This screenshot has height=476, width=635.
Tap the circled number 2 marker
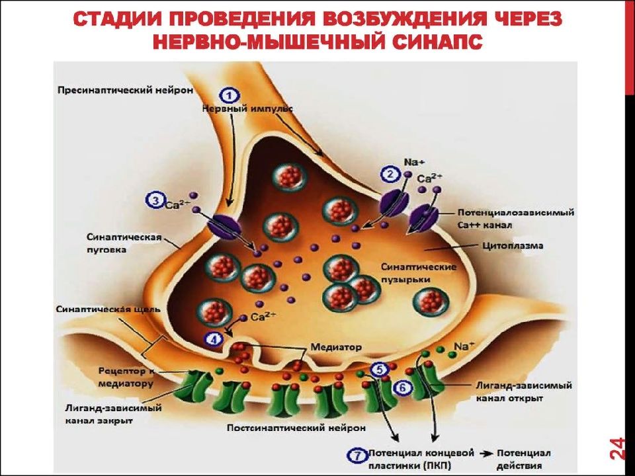click(390, 174)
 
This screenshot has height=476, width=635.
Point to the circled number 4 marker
click(214, 340)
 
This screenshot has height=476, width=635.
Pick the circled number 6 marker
click(403, 388)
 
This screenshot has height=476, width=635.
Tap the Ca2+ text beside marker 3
click(177, 204)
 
